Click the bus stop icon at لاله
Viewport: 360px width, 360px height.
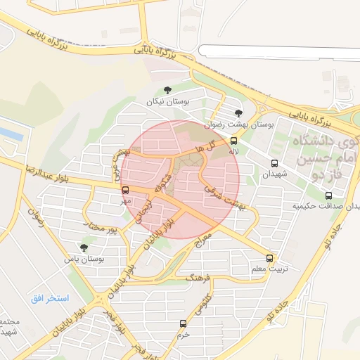[234, 141]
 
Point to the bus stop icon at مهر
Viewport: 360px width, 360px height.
[126, 190]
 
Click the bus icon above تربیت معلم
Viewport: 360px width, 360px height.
[270, 258]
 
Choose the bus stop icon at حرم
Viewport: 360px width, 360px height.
[184, 324]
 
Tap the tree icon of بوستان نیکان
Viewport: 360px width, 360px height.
[167, 90]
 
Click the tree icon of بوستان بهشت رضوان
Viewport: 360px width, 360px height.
[239, 112]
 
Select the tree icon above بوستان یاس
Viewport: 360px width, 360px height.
[84, 247]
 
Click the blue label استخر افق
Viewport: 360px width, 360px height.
[50, 298]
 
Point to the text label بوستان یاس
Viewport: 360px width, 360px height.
[84, 259]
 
